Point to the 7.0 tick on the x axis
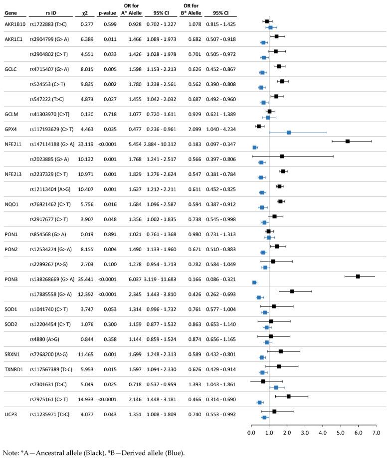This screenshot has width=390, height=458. [376, 432]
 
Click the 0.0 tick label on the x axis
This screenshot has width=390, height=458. [251, 432]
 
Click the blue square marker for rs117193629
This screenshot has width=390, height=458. [289, 133]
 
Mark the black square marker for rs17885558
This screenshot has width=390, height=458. [292, 291]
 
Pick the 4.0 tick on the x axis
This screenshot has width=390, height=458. [323, 432]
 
